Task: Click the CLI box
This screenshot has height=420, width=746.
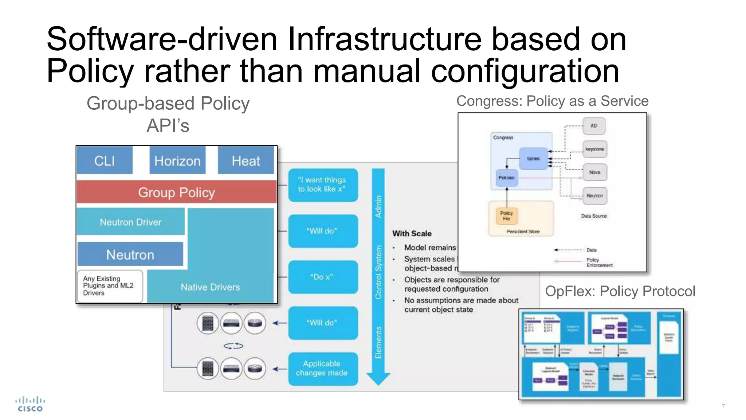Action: coord(105,161)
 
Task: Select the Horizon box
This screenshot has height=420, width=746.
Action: coord(177,161)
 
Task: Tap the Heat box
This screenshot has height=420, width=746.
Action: coord(246,161)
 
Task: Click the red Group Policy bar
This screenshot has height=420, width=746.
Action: coord(177,192)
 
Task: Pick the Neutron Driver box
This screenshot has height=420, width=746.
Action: coord(130,222)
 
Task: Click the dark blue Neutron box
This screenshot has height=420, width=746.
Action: coord(130,254)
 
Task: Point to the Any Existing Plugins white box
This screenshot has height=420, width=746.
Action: coord(109,286)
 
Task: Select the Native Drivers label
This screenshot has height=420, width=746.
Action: coord(210,287)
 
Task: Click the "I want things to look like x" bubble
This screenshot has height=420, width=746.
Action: coord(323,184)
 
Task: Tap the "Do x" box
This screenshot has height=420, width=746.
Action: coord(323,277)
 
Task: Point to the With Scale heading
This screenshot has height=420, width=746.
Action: coord(412,233)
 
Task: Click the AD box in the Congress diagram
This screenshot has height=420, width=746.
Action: coord(594,126)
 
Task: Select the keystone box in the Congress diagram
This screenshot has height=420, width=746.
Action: coord(594,149)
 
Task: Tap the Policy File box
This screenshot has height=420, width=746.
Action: coord(506,215)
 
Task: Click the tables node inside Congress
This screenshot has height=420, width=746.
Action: coord(533,159)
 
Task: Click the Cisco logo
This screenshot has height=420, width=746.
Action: coord(30,404)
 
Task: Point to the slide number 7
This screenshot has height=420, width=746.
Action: coord(723,406)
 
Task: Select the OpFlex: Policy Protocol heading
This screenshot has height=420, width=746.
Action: coord(620,291)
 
